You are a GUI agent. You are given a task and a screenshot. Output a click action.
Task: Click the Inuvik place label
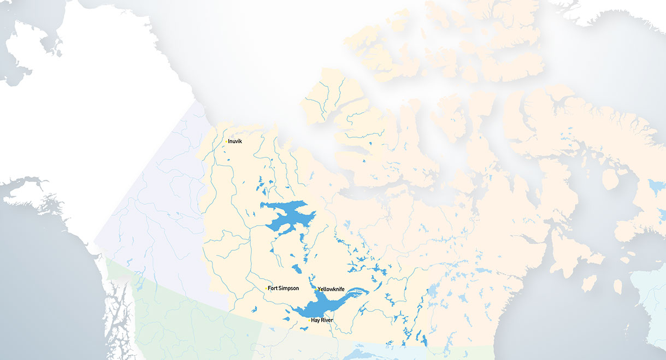[235, 142]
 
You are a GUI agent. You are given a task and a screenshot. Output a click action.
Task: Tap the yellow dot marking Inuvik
[226, 142]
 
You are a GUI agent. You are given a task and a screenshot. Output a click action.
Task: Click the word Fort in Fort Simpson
[273, 288]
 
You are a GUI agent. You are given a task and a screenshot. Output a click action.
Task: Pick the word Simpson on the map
[289, 288]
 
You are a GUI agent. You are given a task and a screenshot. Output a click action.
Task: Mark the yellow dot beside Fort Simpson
[266, 288]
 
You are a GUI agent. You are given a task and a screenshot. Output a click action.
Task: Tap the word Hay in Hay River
[315, 320]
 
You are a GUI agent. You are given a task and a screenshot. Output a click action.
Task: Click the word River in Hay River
[327, 320]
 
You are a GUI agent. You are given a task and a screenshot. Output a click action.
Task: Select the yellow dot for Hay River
[310, 320]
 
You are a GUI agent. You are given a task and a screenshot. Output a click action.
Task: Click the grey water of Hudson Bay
[546, 306]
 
